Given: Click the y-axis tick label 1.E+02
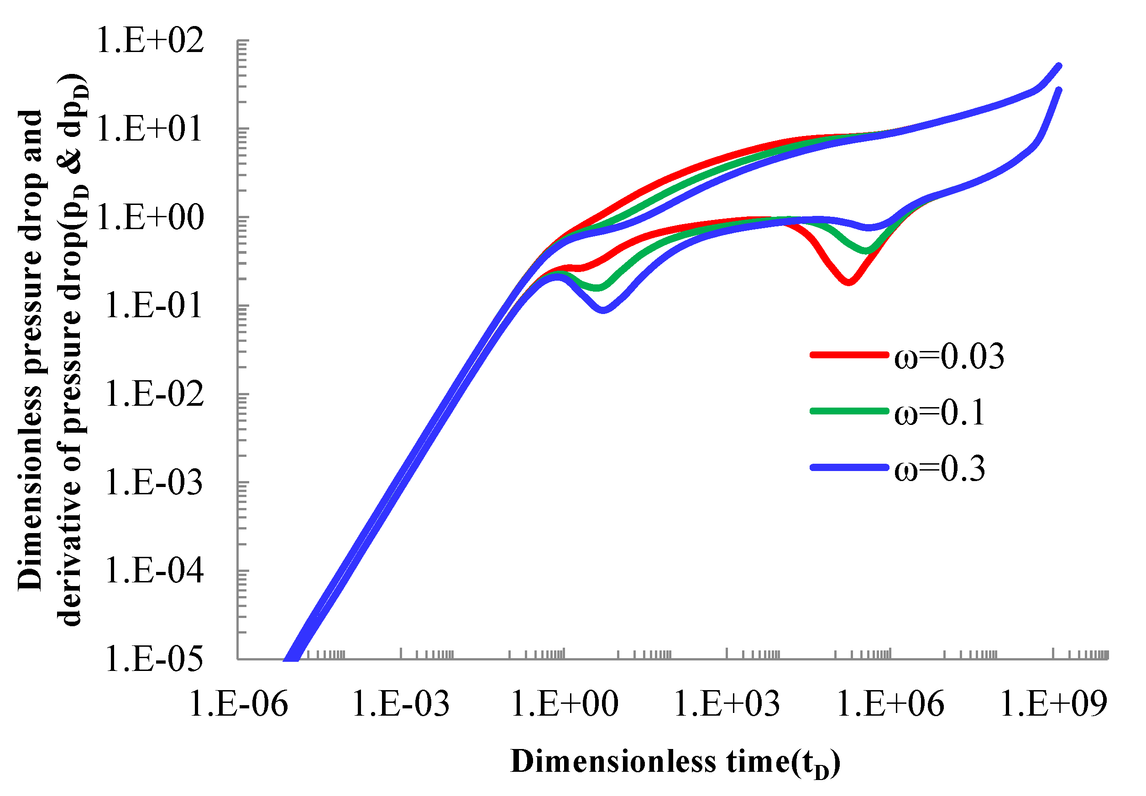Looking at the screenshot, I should pos(150,41).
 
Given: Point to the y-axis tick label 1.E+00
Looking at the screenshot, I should pos(150,218).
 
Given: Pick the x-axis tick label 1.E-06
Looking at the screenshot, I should pos(238,704).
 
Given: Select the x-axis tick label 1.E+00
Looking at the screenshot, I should pos(565,704).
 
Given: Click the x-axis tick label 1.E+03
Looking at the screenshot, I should pos(727,704).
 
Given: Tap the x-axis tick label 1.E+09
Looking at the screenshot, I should pos(1053,704).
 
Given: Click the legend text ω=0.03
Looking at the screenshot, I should pos(948,357).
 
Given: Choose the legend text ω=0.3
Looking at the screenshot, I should pos(940,469).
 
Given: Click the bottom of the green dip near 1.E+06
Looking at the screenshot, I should pos(867,251).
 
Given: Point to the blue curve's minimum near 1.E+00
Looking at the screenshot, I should pos(604,310).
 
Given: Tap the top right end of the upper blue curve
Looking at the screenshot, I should pos(1059,65).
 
